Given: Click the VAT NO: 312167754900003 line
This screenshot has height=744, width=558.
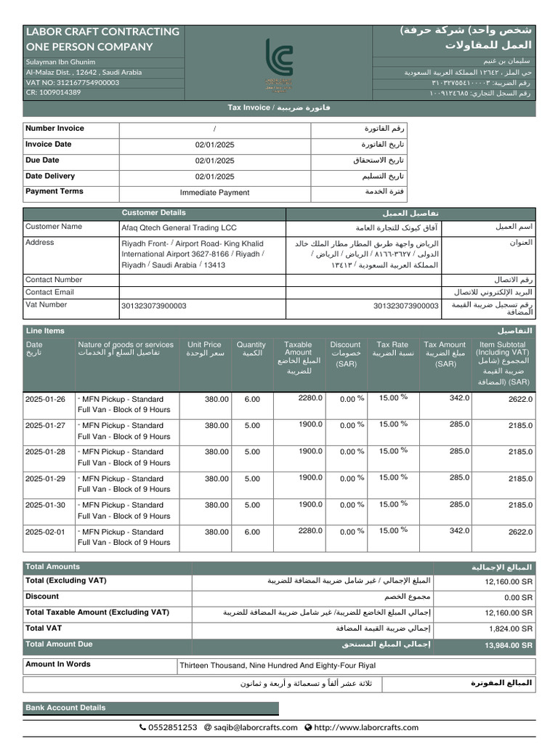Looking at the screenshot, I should [x=72, y=83].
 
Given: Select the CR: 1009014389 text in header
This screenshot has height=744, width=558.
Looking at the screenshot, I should [x=53, y=93].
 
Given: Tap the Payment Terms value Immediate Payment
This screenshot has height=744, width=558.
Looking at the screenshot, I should [x=214, y=193].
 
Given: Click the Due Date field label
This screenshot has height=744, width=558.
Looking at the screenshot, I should [x=42, y=160].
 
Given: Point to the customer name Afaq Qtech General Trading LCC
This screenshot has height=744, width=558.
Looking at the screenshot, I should [x=179, y=227].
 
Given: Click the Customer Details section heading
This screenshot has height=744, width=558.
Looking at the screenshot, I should [x=153, y=213].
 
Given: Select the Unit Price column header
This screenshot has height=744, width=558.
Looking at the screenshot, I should [x=204, y=349].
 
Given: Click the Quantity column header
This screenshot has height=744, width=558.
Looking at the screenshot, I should [x=251, y=349].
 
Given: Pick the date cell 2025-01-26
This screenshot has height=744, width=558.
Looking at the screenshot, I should [x=45, y=399].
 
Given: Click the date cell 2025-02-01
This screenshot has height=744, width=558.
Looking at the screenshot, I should [x=45, y=532].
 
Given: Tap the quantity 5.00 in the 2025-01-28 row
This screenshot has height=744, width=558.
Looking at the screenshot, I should [x=252, y=452].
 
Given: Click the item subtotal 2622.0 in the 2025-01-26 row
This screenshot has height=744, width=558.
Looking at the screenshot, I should [x=520, y=399].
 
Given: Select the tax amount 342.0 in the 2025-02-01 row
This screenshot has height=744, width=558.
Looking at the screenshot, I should [x=459, y=531].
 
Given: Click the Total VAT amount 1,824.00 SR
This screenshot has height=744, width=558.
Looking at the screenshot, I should [x=509, y=628].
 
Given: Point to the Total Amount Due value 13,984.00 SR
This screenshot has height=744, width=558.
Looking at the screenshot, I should [x=509, y=645].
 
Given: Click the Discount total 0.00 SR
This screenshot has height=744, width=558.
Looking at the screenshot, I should [x=518, y=597].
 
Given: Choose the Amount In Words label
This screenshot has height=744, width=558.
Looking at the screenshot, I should [x=58, y=664].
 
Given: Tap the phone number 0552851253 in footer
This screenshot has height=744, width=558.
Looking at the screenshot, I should [x=172, y=727].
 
